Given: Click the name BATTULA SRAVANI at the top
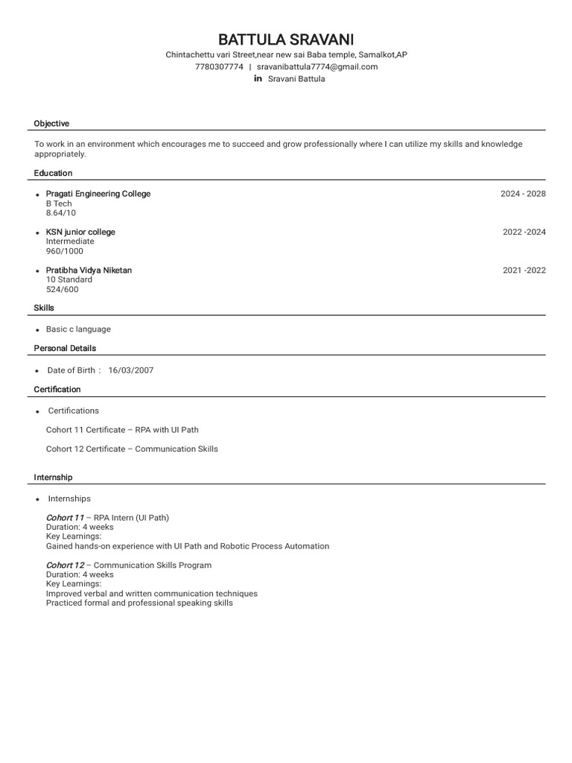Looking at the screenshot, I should (x=286, y=39).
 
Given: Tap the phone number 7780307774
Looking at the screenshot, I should (x=219, y=67).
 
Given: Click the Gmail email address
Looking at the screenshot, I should (x=317, y=67).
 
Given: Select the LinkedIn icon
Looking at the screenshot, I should (x=258, y=79).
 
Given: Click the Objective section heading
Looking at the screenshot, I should (x=51, y=124).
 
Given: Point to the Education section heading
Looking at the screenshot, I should (x=53, y=173).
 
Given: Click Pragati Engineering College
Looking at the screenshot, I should (x=98, y=194).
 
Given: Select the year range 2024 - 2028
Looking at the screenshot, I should (x=523, y=194).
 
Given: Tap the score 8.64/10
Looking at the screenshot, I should (x=61, y=213).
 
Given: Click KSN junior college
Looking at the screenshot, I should (x=80, y=232).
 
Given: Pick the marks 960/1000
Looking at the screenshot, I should (x=65, y=251).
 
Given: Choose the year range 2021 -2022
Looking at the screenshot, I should (x=524, y=270).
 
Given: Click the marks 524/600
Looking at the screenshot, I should (x=62, y=290).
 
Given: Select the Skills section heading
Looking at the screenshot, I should (x=44, y=308).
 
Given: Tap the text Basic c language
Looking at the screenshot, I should (x=78, y=329).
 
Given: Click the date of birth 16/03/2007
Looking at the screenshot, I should (x=131, y=370).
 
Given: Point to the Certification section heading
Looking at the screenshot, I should (x=57, y=390).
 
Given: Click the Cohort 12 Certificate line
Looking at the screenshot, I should (x=132, y=449).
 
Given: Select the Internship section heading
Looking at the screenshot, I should (x=53, y=477).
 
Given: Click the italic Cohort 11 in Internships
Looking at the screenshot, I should (x=65, y=518).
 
